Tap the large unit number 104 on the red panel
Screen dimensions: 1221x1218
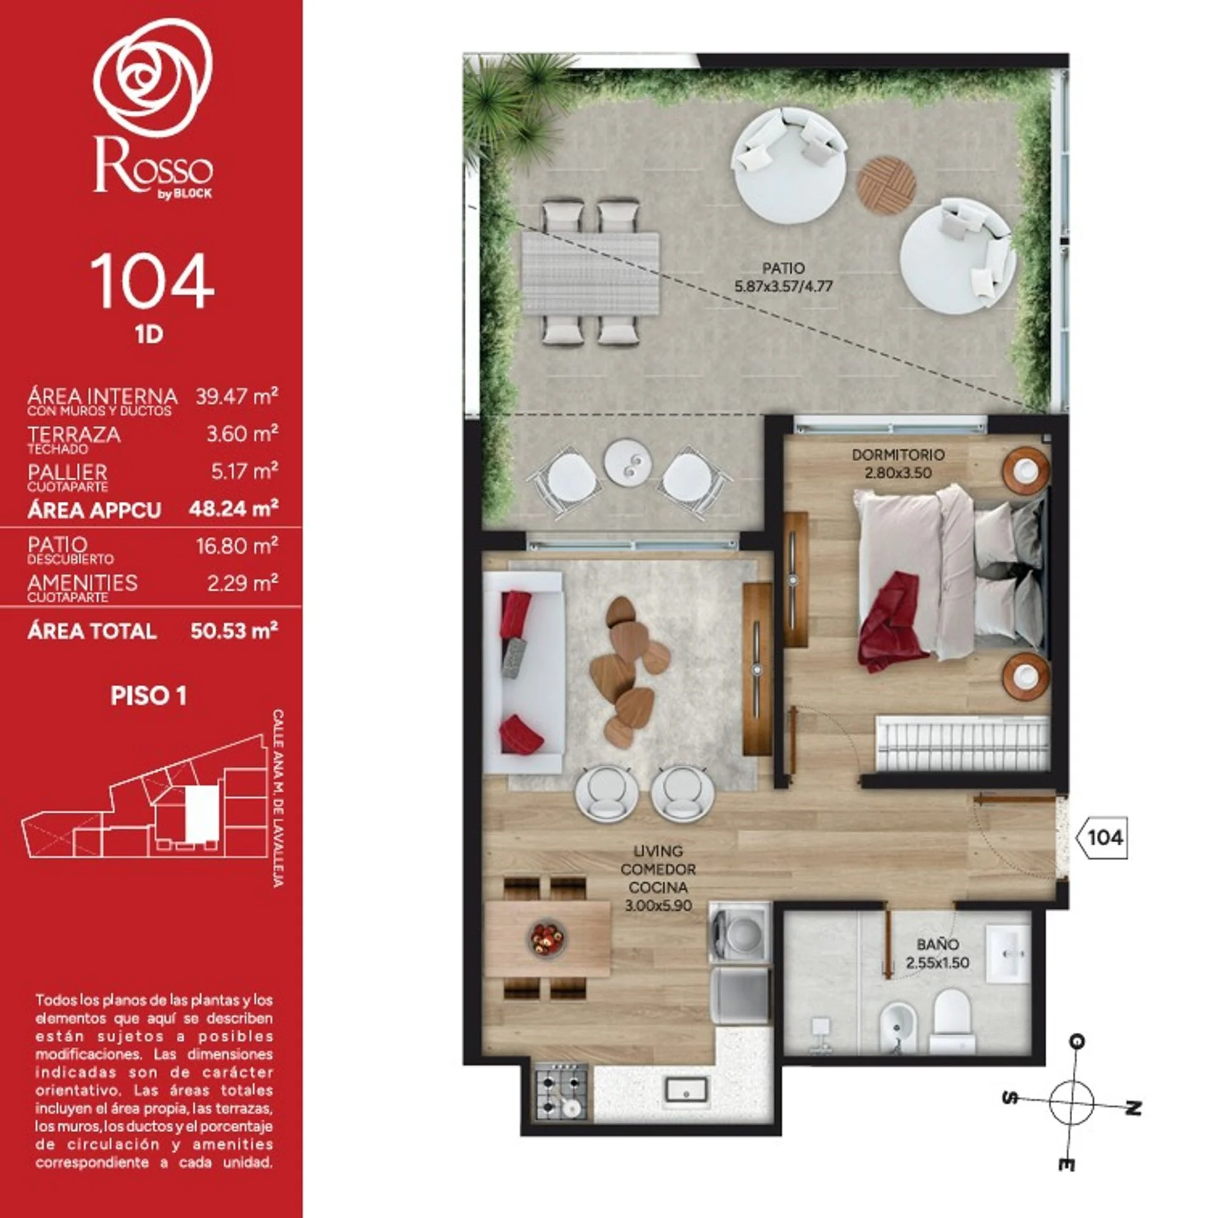pyautogui.click(x=152, y=282)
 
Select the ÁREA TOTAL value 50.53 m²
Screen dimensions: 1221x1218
pyautogui.click(x=234, y=631)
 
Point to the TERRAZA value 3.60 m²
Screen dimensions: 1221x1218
pyautogui.click(x=242, y=434)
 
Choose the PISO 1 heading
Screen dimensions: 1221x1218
pyautogui.click(x=149, y=696)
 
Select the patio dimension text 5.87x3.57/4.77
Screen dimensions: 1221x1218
pyautogui.click(x=783, y=287)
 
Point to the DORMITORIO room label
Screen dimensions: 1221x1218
pyautogui.click(x=898, y=455)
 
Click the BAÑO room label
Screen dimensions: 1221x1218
pyautogui.click(x=937, y=945)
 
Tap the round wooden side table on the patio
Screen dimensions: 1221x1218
pyautogui.click(x=886, y=182)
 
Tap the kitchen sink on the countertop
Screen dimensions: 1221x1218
pyautogui.click(x=686, y=1090)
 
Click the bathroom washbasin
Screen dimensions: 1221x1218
pyautogui.click(x=1008, y=953)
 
